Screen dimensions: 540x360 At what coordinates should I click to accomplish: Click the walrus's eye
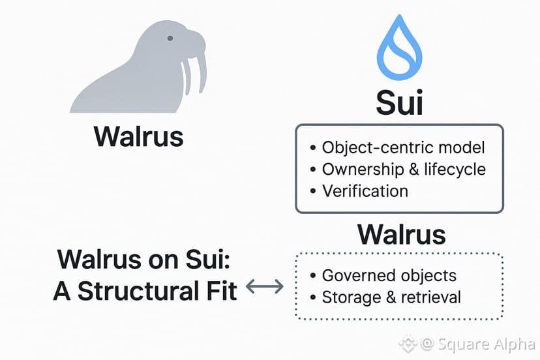[x=170, y=38]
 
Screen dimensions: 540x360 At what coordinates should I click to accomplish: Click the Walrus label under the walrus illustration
[x=138, y=137]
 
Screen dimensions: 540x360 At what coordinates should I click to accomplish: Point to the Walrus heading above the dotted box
[x=401, y=233]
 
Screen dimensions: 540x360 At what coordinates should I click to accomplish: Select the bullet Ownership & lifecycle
[x=404, y=170]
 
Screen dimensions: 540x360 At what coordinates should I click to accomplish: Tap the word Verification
[x=365, y=191]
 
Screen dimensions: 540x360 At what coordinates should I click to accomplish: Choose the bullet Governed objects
[x=389, y=275]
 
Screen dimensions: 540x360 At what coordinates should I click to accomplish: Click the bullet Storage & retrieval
[x=391, y=297]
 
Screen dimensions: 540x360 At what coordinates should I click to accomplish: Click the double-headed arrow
[x=265, y=286]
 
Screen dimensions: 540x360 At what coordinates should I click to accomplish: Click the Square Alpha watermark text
[x=483, y=342]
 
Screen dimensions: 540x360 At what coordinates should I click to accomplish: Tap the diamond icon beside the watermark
[x=409, y=342]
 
